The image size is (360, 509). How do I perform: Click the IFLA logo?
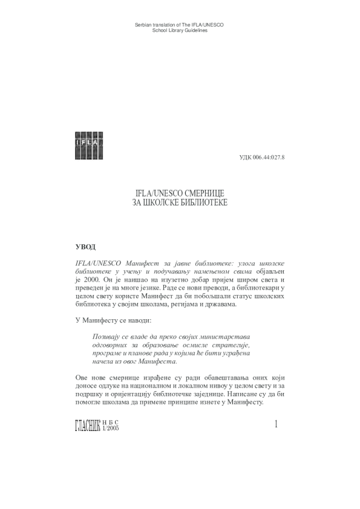88,145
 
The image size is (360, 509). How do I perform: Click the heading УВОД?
85,247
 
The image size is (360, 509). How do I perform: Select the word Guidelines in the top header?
195,30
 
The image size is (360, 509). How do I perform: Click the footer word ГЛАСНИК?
89,426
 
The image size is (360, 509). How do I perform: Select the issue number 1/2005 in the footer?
113,428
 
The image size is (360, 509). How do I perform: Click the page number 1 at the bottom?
276,425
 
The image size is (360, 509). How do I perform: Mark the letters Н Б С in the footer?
112,422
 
